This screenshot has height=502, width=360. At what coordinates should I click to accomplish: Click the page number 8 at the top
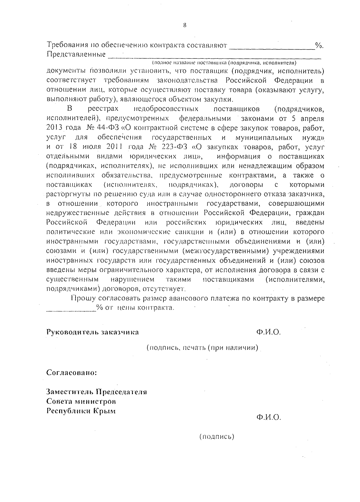185,25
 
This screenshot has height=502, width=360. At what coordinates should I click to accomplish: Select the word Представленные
76,55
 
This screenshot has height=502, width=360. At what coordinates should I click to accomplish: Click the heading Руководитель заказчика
92,332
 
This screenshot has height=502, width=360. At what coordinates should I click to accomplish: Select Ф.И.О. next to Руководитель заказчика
268,332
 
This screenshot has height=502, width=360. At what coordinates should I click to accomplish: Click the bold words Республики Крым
81,411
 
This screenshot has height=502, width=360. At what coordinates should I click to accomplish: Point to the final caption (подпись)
217,436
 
